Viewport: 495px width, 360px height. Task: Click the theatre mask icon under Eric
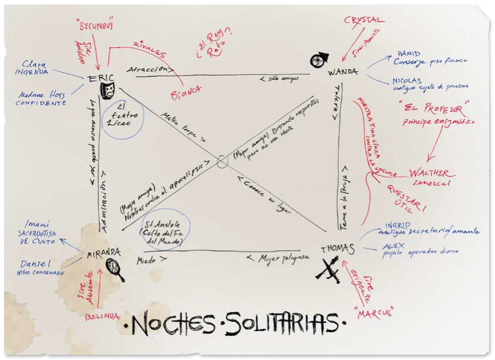pyautogui.click(x=107, y=90)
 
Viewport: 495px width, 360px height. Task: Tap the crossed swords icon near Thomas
pyautogui.click(x=328, y=271)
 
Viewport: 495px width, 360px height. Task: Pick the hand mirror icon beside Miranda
pyautogui.click(x=116, y=268)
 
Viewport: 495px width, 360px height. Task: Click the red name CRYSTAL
pyautogui.click(x=364, y=21)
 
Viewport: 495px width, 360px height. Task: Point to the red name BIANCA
pyautogui.click(x=186, y=91)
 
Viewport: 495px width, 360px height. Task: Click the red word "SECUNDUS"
pyautogui.click(x=95, y=26)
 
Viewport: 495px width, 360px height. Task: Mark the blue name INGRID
pyautogui.click(x=398, y=224)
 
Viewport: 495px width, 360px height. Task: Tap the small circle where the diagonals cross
pyautogui.click(x=222, y=160)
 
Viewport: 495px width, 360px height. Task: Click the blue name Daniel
pyautogui.click(x=35, y=264)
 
